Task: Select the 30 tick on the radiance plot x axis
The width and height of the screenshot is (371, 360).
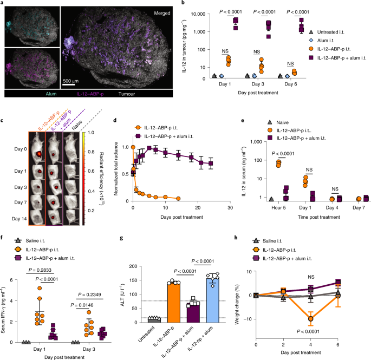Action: [x=232, y=208]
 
